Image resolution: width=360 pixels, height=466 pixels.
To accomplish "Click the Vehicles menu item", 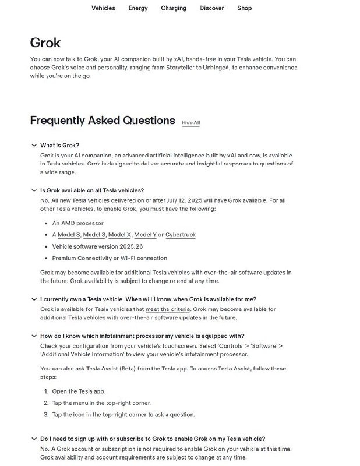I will pos(103,8).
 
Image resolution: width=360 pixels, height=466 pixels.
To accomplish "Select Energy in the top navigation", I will pos(138,8).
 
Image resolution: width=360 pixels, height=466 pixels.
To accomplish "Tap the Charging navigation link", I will pos(174,8).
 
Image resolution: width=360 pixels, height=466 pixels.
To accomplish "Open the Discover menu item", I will pos(212,8).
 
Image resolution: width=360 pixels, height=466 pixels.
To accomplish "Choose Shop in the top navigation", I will pos(245,8).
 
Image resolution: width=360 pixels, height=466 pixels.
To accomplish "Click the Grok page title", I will pos(45,43).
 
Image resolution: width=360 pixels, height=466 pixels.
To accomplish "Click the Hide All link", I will pos(190,123).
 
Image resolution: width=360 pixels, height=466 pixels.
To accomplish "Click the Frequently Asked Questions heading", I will pos(103,121).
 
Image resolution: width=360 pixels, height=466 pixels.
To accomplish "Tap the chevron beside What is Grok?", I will pos(33,145).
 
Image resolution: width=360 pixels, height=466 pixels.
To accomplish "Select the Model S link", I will pos(69,235).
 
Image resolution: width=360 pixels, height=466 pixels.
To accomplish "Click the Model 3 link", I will pos(94,235).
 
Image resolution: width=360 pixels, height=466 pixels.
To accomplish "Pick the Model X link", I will pos(119,235).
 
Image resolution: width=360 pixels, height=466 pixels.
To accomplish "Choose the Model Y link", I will pos(145,235).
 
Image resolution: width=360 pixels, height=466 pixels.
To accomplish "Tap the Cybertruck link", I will pos(181,235).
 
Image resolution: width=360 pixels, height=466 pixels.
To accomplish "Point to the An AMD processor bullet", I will pos(77,223).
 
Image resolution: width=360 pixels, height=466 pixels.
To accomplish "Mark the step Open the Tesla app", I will pos(79,391).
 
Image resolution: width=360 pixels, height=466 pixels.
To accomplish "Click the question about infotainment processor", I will pos(142,336).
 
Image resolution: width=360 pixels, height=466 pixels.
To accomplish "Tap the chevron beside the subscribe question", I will pos(33,439).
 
